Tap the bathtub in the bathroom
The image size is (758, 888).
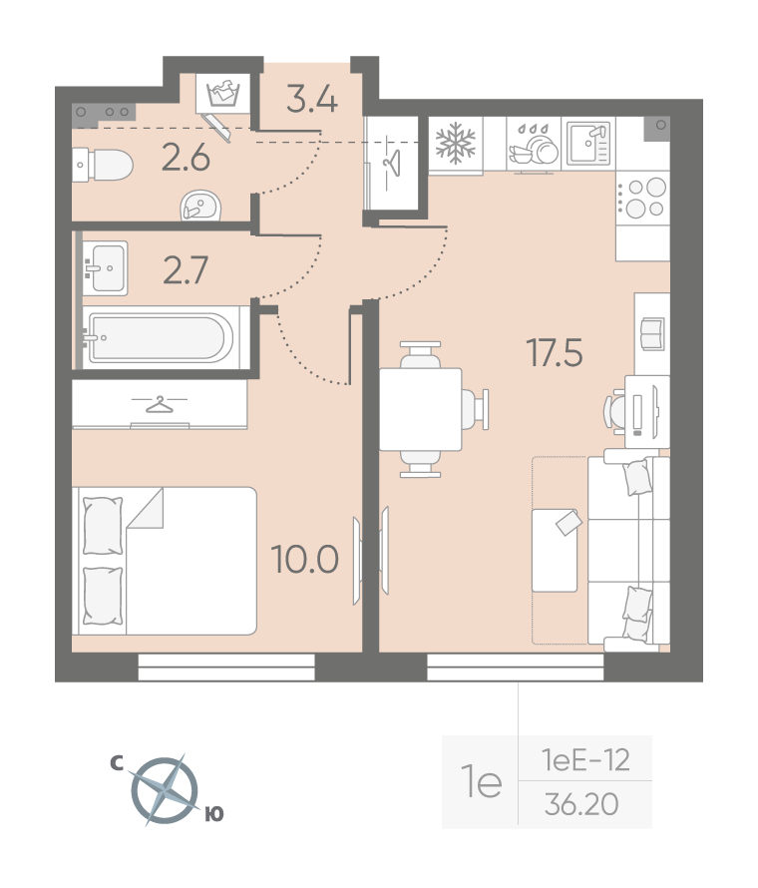pyautogui.click(x=160, y=338)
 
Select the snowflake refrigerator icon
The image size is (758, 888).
pyautogui.click(x=456, y=143)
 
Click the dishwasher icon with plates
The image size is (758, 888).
pyautogui.click(x=534, y=145)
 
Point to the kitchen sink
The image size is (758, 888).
pyautogui.click(x=588, y=143)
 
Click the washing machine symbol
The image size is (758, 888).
pyautogui.click(x=222, y=93)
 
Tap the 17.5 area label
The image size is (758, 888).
pyautogui.click(x=555, y=352)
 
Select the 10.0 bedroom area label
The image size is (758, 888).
pyautogui.click(x=304, y=560)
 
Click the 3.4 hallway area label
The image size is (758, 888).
pyautogui.click(x=312, y=98)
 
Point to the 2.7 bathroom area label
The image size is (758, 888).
pyautogui.click(x=186, y=269)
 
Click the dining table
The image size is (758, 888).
pyautogui.click(x=420, y=409)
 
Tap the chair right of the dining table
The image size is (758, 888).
pyautogui.click(x=475, y=409)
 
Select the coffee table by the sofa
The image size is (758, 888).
pyautogui.click(x=555, y=551)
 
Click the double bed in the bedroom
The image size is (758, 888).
pyautogui.click(x=165, y=561)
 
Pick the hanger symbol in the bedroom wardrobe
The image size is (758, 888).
pyautogui.click(x=160, y=404)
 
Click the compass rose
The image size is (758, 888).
pyautogui.click(x=165, y=790)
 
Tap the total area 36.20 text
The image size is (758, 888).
pyautogui.click(x=581, y=804)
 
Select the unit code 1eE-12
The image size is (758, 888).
pyautogui.click(x=585, y=760)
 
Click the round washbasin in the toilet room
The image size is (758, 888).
pyautogui.click(x=200, y=206)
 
